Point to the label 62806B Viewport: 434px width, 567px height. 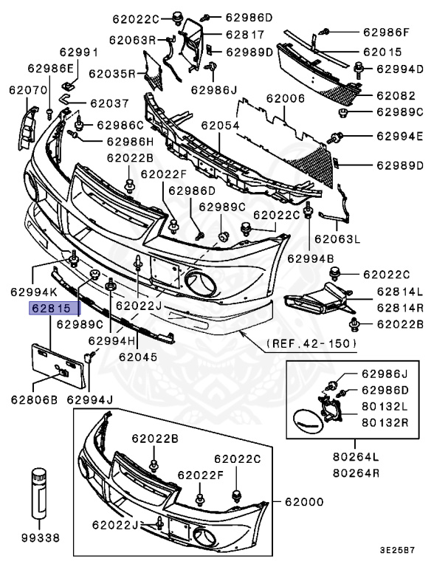pyautogui.click(x=33, y=399)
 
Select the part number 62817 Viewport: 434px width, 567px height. pyautogui.click(x=244, y=34)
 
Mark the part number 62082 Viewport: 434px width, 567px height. pyautogui.click(x=395, y=96)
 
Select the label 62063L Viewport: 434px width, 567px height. pyautogui.click(x=337, y=238)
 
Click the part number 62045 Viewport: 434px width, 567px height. pyautogui.click(x=138, y=355)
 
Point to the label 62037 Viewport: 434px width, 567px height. pyautogui.click(x=109, y=103)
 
